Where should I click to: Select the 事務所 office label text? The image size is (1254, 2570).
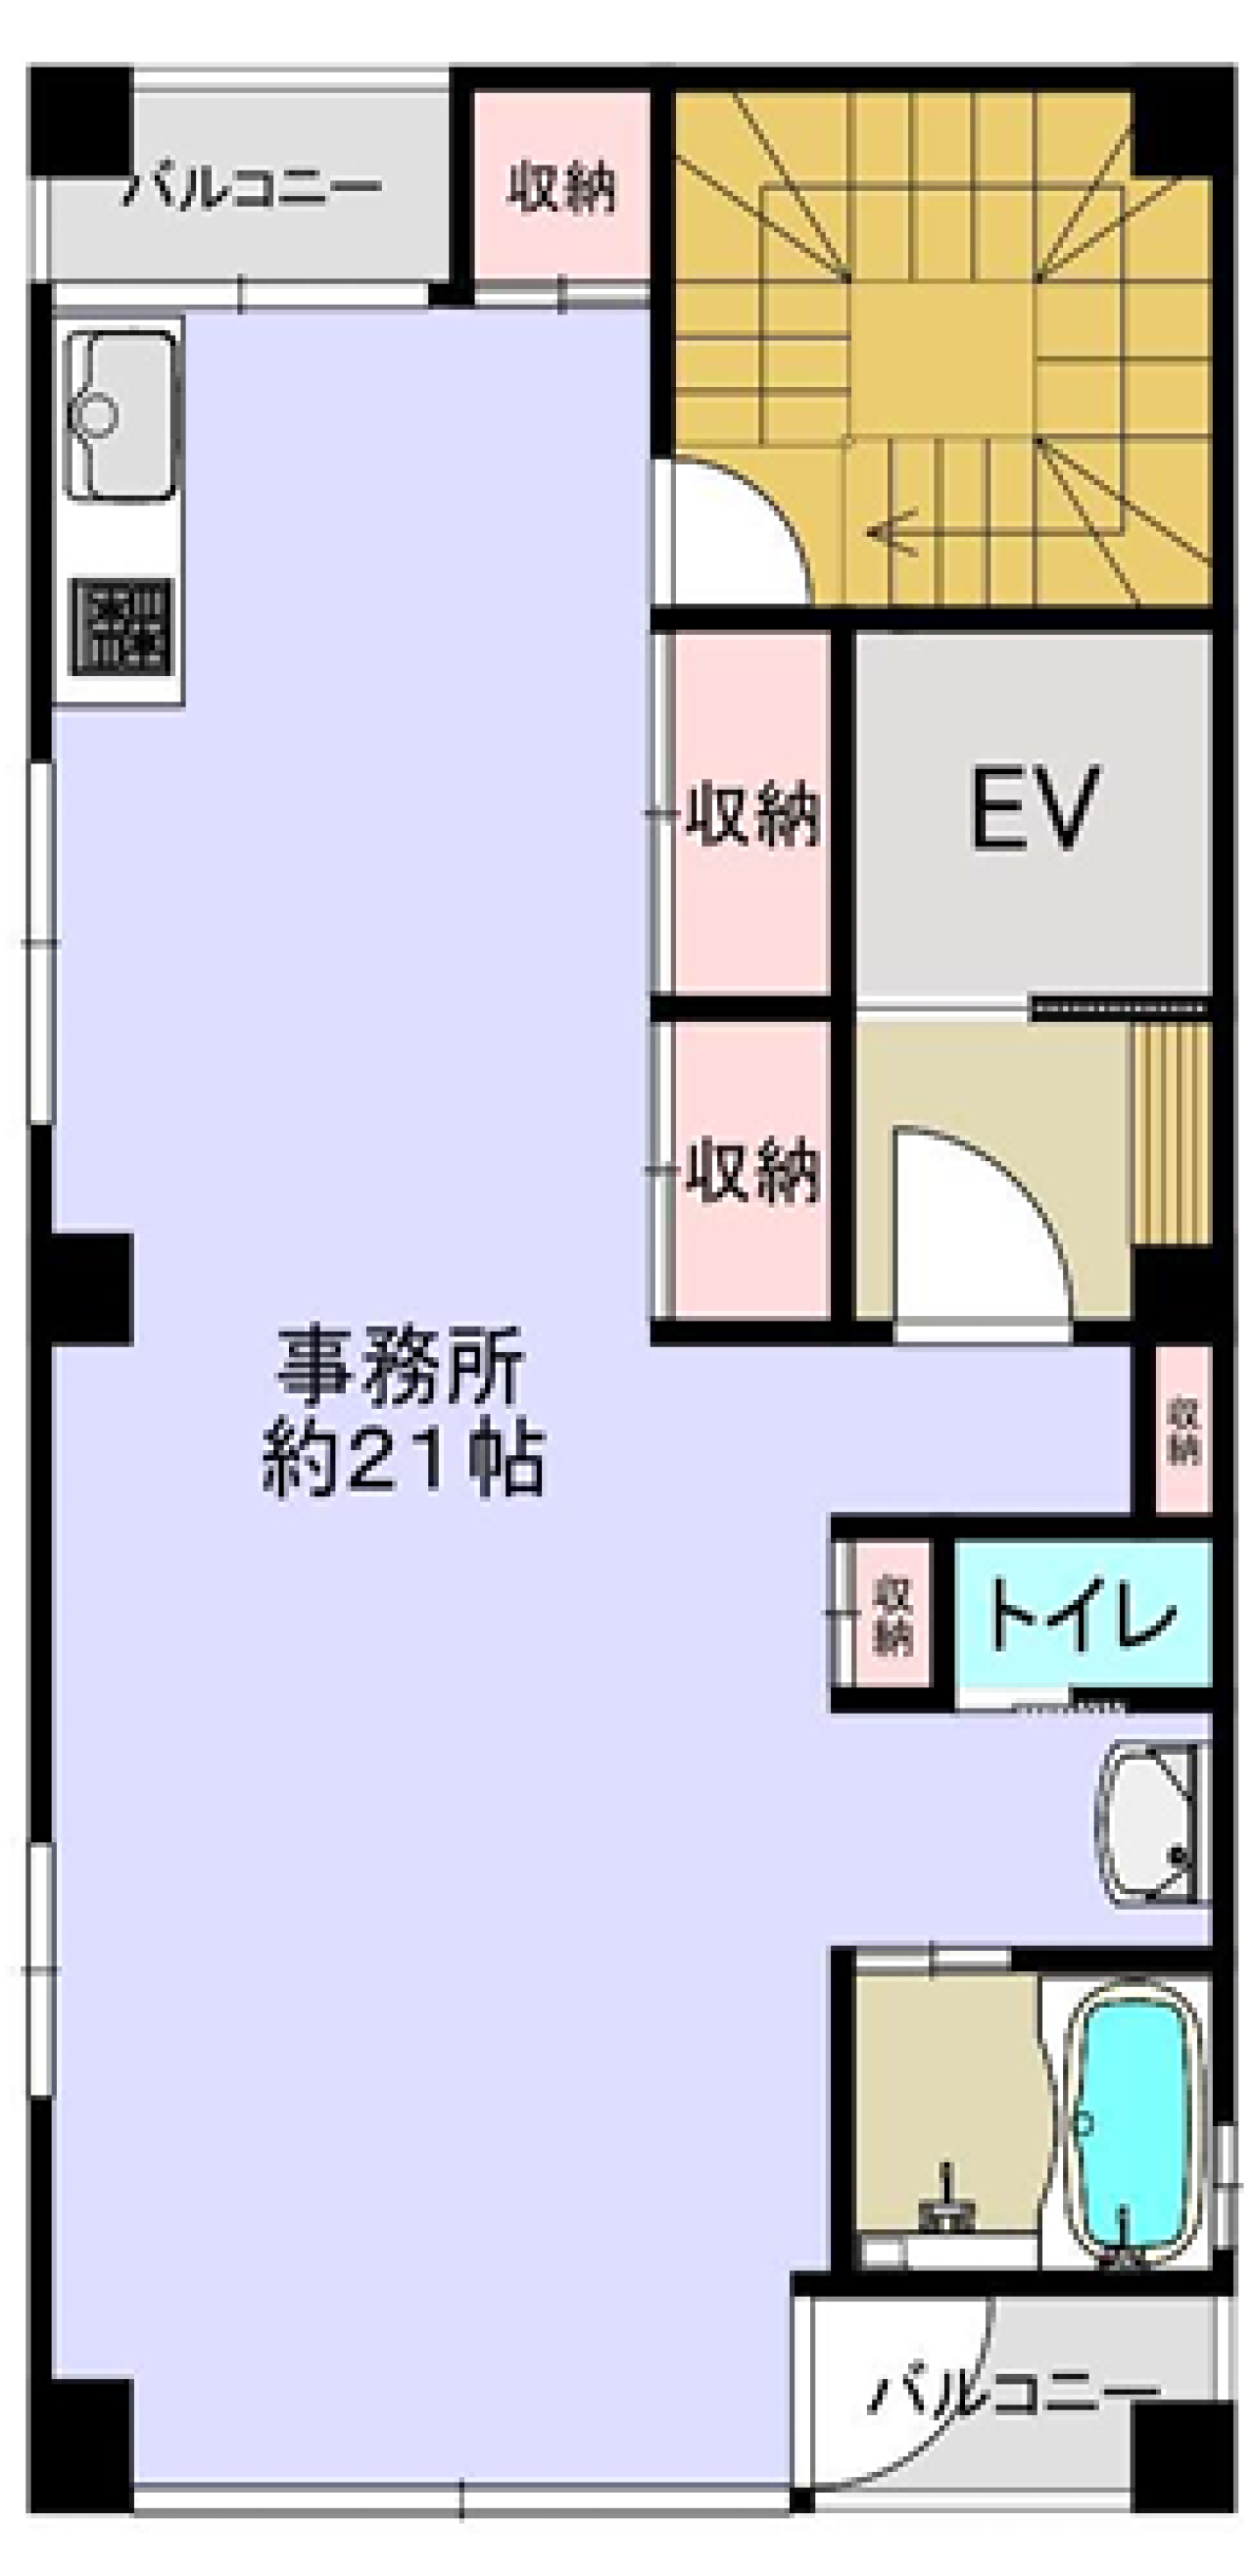tap(400, 1366)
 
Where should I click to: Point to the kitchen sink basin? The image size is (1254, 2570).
tap(119, 414)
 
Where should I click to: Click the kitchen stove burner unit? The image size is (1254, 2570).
tap(120, 627)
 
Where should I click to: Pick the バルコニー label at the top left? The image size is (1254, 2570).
tap(252, 187)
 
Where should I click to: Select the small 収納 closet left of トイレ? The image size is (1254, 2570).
tap(892, 1616)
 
